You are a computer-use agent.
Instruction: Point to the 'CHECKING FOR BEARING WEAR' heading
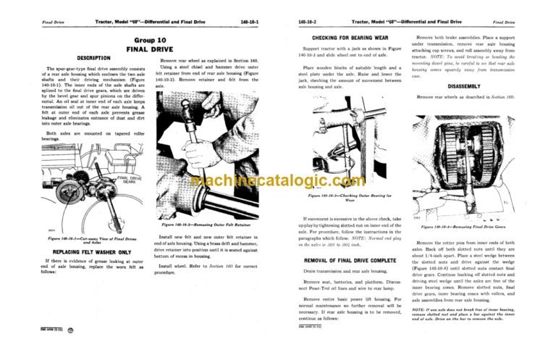[x=342, y=37]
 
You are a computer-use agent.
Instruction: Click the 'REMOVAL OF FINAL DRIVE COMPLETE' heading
[x=343, y=259]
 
